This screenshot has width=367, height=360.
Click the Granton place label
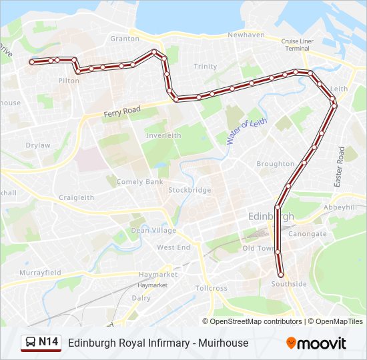[x=125, y=39]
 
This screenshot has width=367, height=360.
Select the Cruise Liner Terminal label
[x=297, y=45]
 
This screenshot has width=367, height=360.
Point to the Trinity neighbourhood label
[x=205, y=67]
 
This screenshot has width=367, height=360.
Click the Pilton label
[x=69, y=81]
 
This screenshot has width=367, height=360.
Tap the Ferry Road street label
[x=121, y=111]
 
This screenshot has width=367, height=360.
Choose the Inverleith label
[x=163, y=135]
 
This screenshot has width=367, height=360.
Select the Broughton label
[x=275, y=164]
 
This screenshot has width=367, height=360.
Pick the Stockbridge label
[x=190, y=190]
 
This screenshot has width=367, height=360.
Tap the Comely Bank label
[x=139, y=181]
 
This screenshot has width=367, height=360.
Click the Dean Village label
[x=153, y=231]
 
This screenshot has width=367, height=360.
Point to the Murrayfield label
[x=40, y=273]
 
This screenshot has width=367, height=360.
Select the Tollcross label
[x=212, y=289]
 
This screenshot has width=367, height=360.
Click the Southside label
[x=289, y=284]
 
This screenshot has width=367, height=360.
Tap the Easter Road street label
[x=339, y=167]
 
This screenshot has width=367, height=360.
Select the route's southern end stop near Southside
[x=281, y=274]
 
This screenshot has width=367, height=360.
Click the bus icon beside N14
[x=30, y=343]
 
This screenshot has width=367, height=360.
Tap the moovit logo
[x=316, y=343]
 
